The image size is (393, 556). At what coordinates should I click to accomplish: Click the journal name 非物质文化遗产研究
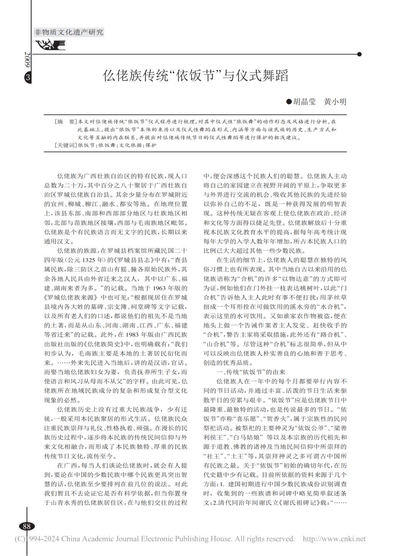(69, 32)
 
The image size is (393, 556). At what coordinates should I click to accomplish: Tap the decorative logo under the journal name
(50, 46)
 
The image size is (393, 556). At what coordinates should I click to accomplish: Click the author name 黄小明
(335, 101)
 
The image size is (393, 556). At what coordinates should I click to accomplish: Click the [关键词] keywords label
(66, 146)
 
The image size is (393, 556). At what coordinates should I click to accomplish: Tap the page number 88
(27, 526)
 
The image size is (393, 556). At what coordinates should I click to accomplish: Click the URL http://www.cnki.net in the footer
(334, 539)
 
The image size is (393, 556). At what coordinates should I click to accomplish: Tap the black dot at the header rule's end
(359, 55)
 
